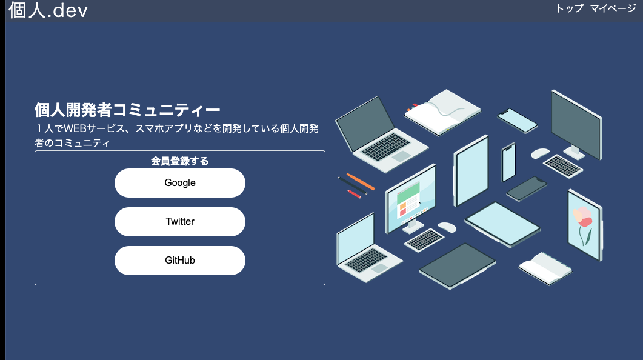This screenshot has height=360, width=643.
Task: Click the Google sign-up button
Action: (x=180, y=183)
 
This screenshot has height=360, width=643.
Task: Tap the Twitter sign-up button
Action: (x=180, y=222)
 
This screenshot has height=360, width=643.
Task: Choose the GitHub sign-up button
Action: (x=180, y=261)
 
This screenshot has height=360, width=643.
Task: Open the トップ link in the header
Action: (x=569, y=8)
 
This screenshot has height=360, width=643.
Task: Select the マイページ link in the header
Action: (x=613, y=8)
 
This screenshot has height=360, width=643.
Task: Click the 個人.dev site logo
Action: (x=48, y=10)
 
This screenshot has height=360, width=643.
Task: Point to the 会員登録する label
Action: (x=180, y=161)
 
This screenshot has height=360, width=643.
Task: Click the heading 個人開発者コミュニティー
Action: (x=127, y=110)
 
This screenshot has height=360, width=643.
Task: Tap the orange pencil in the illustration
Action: (x=361, y=182)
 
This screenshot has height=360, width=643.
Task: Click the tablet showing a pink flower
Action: (x=584, y=224)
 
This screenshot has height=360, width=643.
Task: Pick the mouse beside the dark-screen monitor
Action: (x=539, y=153)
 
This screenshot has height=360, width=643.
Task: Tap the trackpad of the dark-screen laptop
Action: (x=401, y=156)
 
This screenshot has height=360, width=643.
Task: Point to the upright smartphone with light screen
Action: (x=508, y=162)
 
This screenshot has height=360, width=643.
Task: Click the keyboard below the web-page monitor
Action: (x=424, y=240)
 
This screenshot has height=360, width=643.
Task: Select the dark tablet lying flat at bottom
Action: (x=457, y=265)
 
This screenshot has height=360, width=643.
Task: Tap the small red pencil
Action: (x=355, y=193)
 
